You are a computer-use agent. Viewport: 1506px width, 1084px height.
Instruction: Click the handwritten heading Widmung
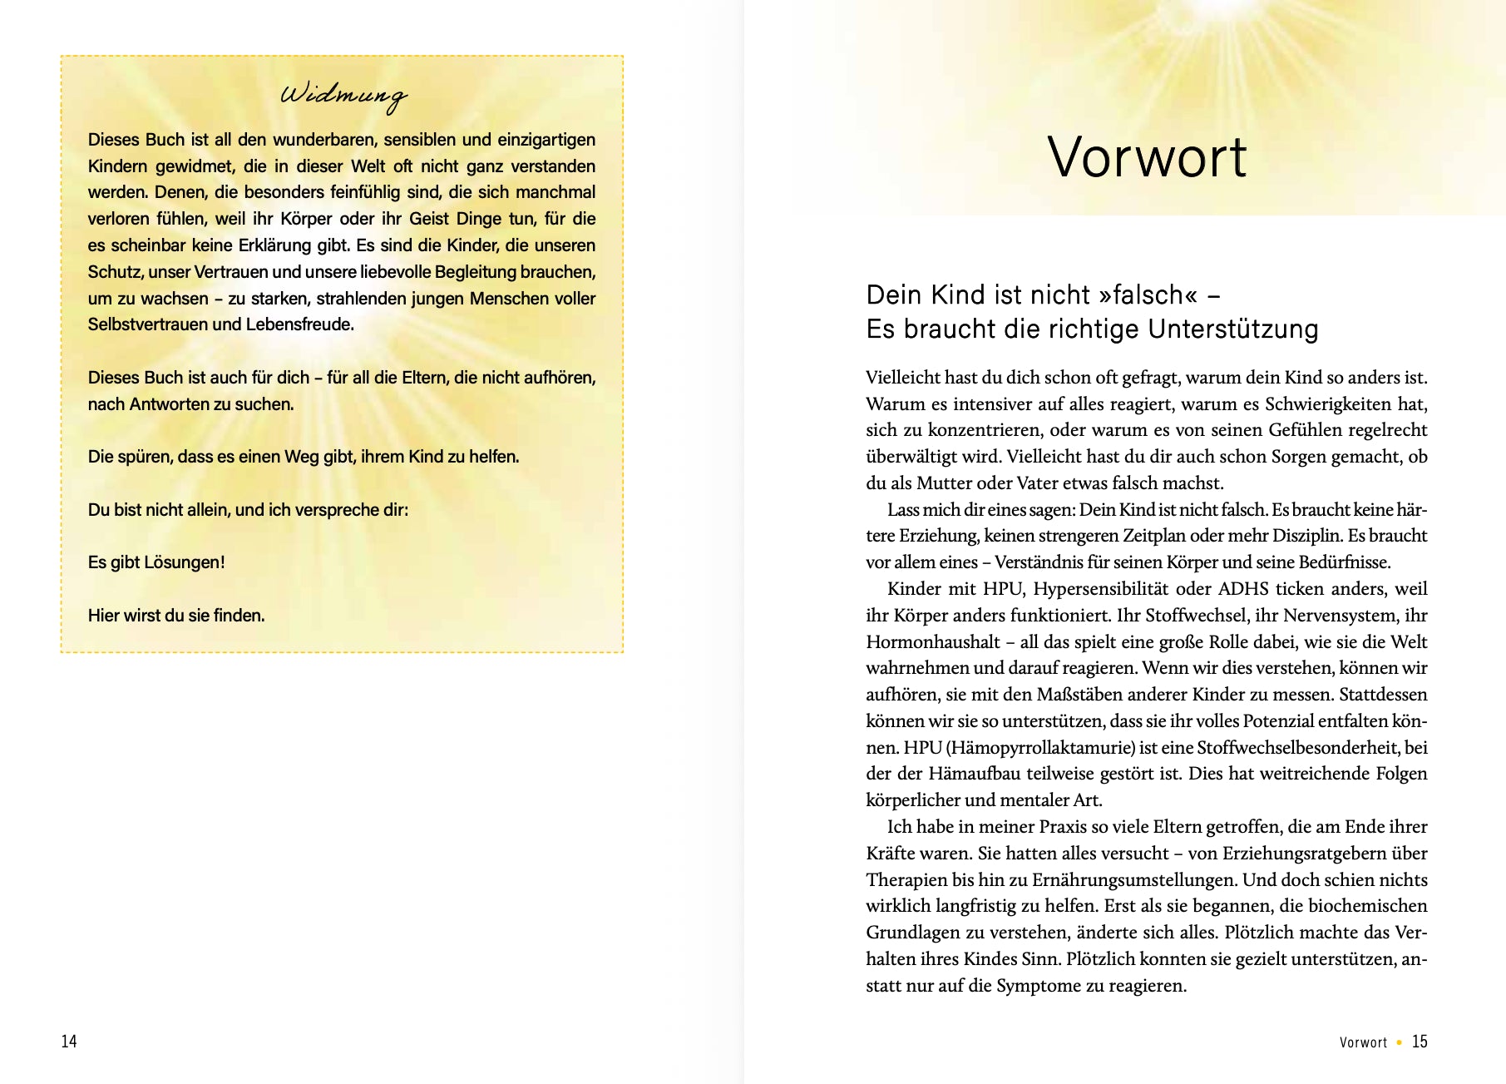[x=343, y=95]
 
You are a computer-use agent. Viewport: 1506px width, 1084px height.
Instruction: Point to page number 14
[x=69, y=1042]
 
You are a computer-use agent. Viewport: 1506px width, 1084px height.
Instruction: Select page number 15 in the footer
[x=1420, y=1042]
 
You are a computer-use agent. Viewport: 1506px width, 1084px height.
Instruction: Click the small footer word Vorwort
[x=1363, y=1042]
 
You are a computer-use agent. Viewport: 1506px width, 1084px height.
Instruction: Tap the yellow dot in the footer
[x=1400, y=1042]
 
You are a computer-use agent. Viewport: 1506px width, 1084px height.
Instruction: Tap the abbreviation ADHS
[x=1243, y=589]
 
